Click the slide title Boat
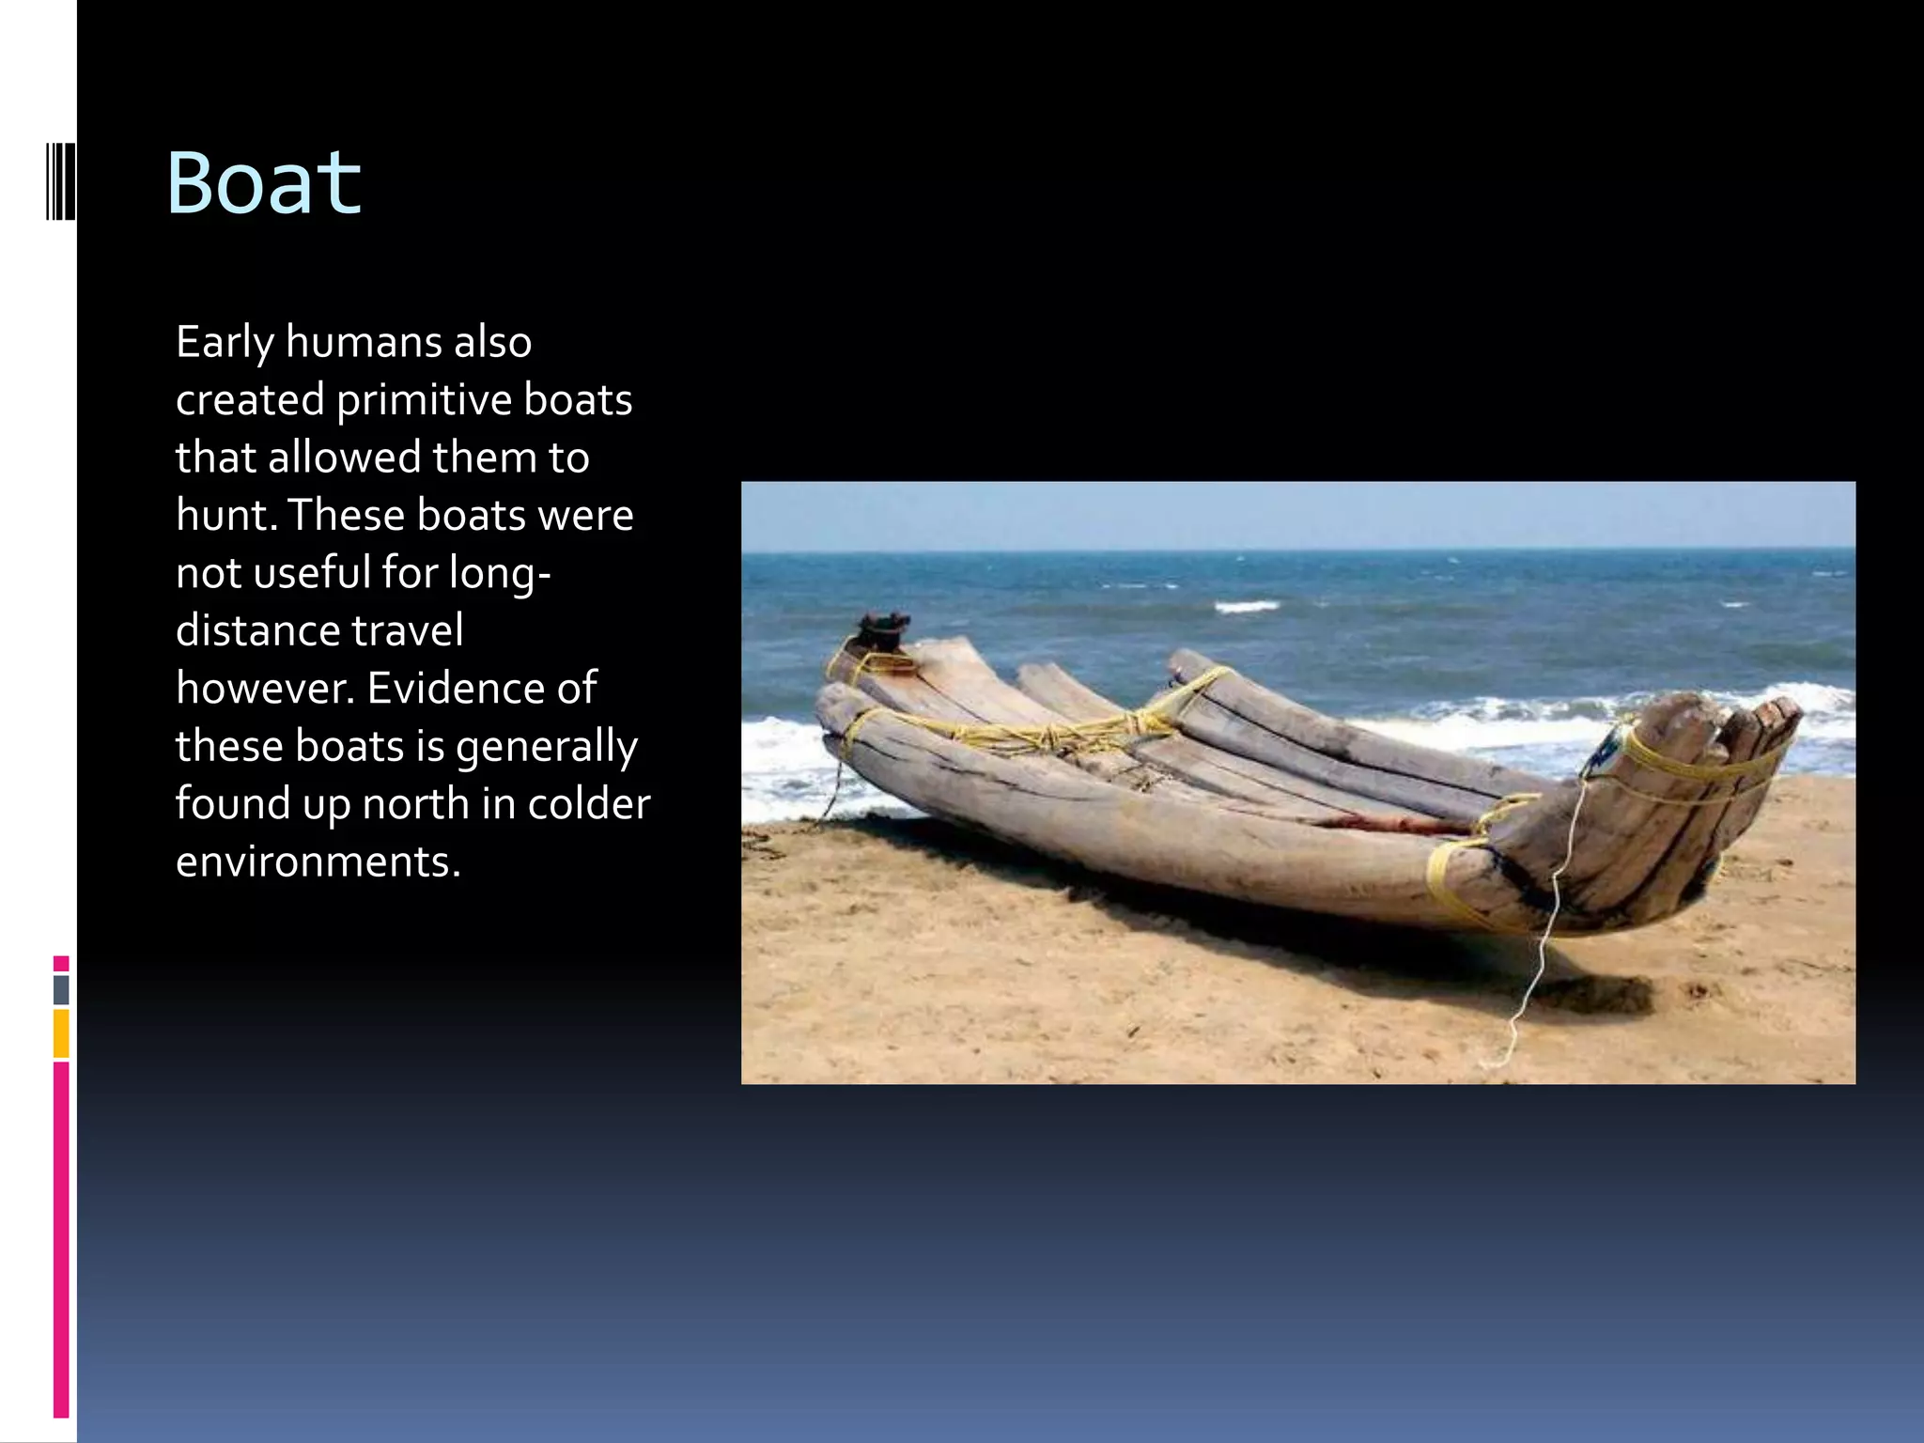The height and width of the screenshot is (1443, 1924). click(x=264, y=183)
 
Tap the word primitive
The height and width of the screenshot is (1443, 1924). click(x=424, y=400)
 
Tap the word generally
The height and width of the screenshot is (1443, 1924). click(x=546, y=748)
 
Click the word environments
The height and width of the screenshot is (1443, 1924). click(x=318, y=862)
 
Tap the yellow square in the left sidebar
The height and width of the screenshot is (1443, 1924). click(x=61, y=1033)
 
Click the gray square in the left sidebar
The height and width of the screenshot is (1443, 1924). click(x=61, y=990)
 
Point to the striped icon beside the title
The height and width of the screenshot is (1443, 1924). click(x=60, y=181)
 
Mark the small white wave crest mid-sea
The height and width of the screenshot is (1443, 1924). click(x=1247, y=607)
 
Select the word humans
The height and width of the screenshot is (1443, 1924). click(x=364, y=343)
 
